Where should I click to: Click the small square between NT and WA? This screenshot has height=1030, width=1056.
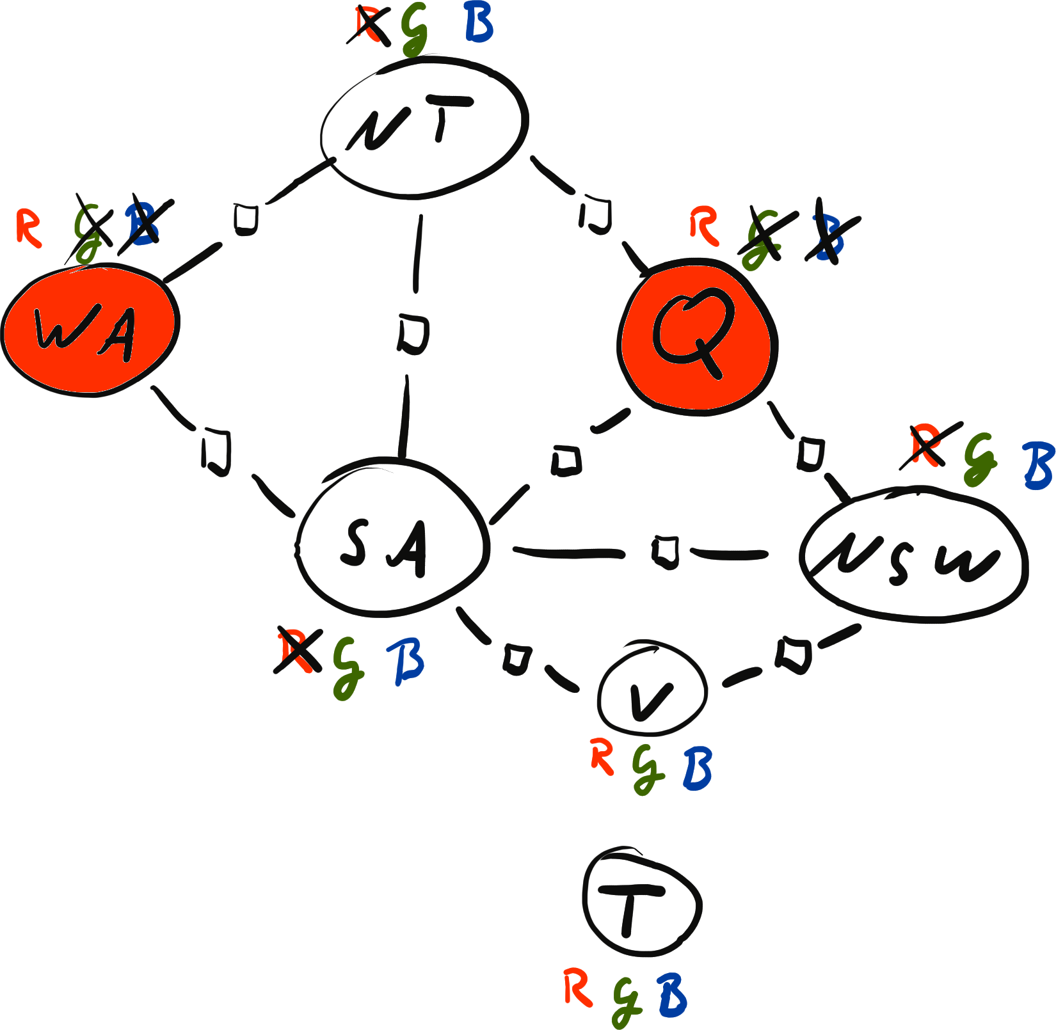245,219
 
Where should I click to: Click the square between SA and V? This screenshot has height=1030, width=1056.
516,659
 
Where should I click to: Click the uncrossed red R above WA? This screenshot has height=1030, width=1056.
29,227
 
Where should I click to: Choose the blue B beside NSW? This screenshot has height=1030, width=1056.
1037,464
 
